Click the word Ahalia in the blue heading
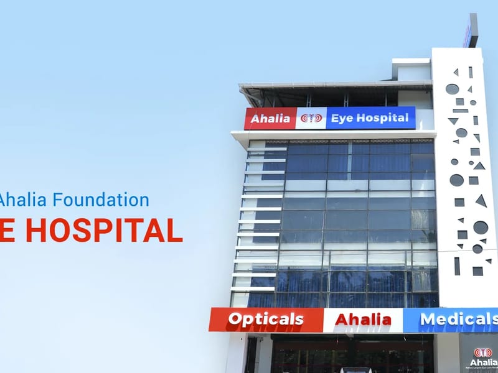coord(24,200)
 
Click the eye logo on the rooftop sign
coord(311,118)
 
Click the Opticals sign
coord(266,320)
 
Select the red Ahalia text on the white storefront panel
coord(363,320)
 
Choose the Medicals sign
coord(458,320)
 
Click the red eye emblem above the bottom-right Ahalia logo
coord(483,352)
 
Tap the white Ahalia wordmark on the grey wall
coord(483,362)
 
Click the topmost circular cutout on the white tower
coord(451,89)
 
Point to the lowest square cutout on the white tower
coord(477,271)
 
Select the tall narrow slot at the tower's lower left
coord(457,265)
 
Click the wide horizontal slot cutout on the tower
coord(460,111)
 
